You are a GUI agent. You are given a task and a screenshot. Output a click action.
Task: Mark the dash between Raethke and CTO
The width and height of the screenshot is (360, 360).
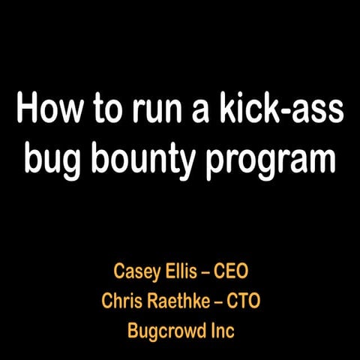tap(223, 301)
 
